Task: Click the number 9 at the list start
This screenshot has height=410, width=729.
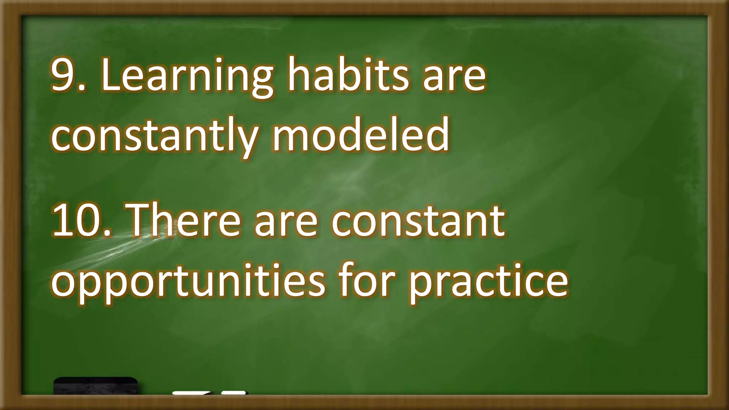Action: (66, 75)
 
